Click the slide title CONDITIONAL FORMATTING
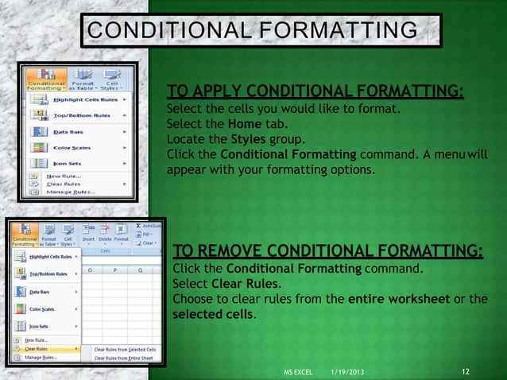(252, 31)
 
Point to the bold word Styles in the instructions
(245, 139)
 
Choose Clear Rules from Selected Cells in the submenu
(125, 349)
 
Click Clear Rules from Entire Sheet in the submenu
(125, 359)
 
